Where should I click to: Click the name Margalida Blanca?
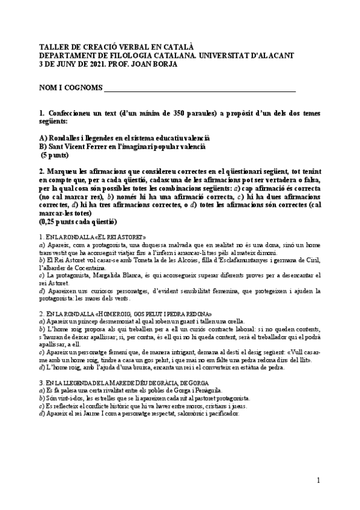pos(114,275)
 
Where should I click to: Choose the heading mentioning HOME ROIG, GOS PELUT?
pos(144,313)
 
